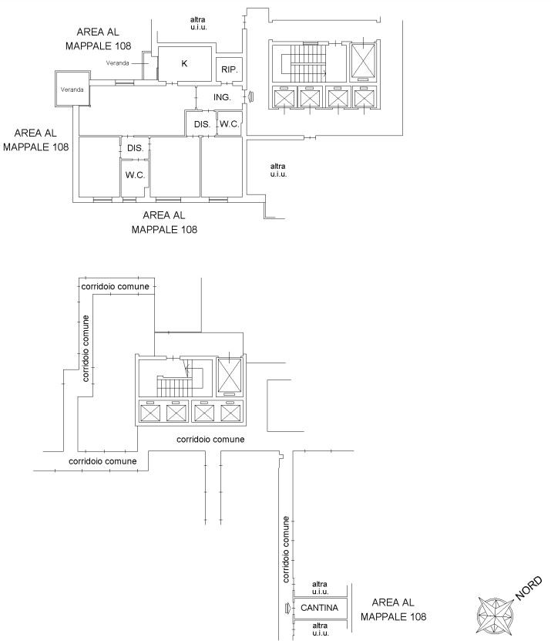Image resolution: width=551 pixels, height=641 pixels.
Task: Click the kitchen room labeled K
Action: point(184,63)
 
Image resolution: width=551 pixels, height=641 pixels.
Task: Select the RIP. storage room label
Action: point(230,69)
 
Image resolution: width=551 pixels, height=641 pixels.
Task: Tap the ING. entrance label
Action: point(223,97)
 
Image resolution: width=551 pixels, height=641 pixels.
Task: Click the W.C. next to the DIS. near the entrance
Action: point(229,123)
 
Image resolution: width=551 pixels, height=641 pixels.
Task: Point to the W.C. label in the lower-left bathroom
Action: point(135,175)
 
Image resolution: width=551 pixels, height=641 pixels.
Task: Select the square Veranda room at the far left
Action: point(72,89)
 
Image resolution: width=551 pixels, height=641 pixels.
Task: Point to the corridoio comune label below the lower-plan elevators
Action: point(210,439)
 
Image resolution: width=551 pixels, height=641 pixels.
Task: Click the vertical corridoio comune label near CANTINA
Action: point(285,548)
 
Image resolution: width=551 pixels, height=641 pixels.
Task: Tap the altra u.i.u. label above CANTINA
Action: point(320,589)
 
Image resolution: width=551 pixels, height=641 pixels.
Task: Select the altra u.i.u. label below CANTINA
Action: point(320,629)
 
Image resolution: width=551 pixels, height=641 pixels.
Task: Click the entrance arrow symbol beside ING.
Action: point(250,96)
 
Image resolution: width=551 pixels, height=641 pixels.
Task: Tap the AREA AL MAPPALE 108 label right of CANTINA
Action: point(398,609)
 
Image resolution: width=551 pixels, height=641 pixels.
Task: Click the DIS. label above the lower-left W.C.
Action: point(135,147)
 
